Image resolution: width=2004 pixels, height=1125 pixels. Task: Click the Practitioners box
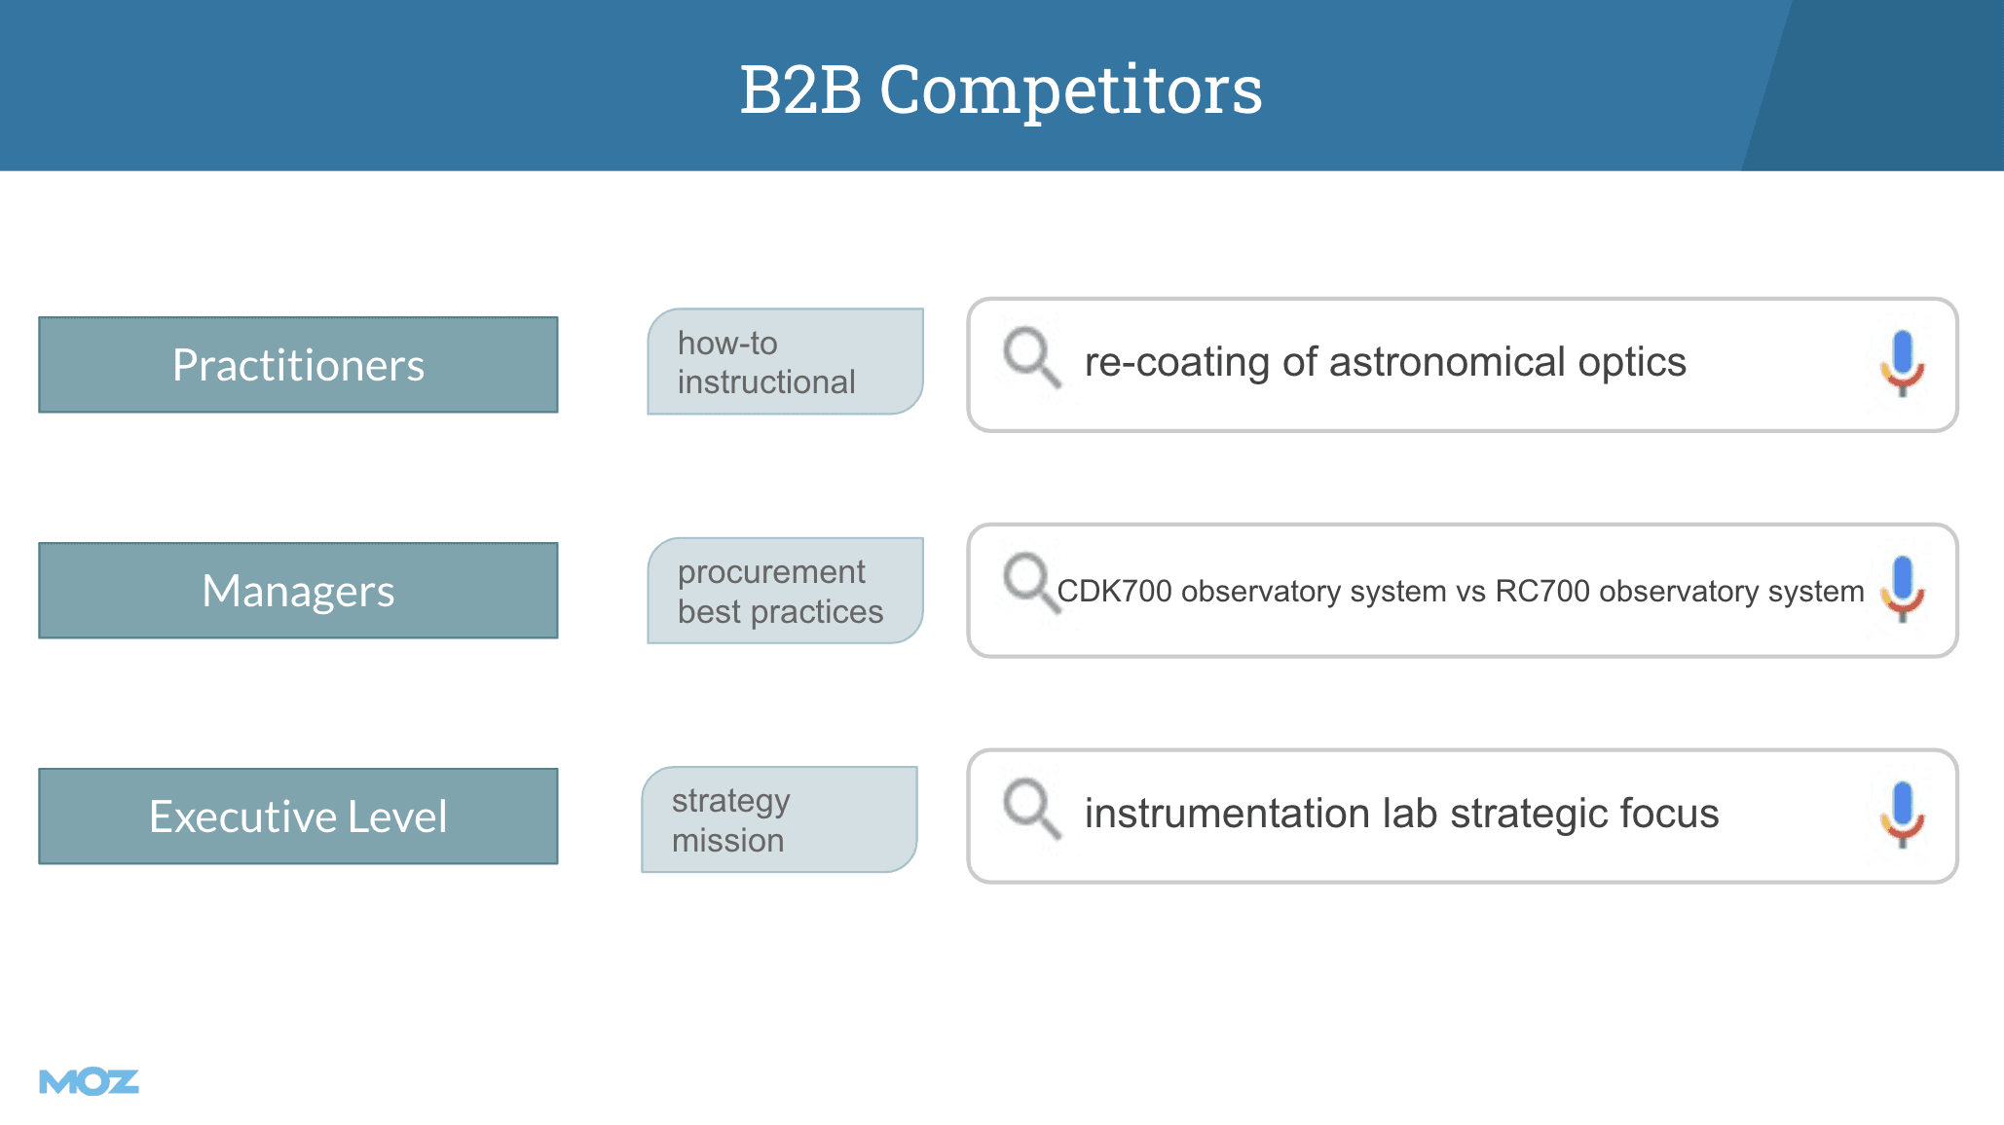point(298,365)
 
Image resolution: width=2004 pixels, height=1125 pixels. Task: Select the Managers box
point(298,591)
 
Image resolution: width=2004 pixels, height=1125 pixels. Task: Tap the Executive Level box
point(298,817)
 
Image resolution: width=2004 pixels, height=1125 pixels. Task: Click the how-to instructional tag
point(785,362)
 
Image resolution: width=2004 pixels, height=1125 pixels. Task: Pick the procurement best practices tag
point(785,591)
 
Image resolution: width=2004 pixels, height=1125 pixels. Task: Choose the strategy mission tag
point(779,819)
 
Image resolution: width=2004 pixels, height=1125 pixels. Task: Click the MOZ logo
point(89,1081)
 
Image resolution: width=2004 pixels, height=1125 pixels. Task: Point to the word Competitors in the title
point(1071,90)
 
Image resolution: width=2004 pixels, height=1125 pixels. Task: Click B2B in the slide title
point(800,90)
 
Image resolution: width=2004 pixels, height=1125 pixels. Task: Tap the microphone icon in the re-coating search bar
point(1903,363)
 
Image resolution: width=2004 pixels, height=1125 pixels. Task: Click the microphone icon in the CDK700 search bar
point(1903,589)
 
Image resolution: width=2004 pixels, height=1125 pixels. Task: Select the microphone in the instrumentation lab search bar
point(1903,815)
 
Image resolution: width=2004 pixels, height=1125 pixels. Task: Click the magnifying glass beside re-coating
point(1031,357)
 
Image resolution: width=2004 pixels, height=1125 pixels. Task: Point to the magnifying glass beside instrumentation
point(1031,809)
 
